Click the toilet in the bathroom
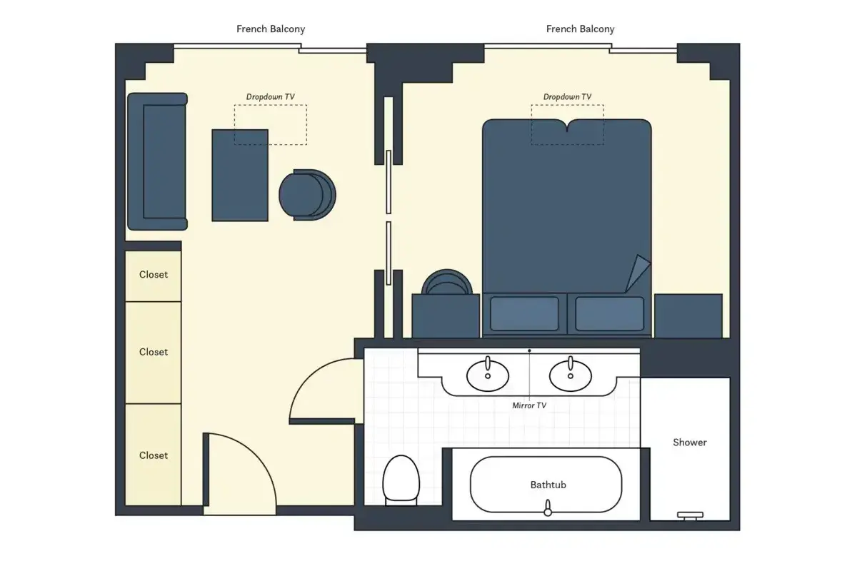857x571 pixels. (401, 480)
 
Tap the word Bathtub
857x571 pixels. (548, 485)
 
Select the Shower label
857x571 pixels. (690, 443)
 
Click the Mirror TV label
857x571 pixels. (529, 405)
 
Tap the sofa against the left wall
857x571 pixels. (157, 161)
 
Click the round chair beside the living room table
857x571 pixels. (307, 195)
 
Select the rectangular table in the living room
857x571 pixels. (240, 175)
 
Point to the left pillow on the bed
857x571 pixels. (524, 313)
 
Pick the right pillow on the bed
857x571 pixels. (609, 313)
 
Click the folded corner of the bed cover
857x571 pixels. (637, 273)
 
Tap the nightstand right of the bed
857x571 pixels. (688, 316)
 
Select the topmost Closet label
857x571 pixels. (154, 275)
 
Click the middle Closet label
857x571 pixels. (154, 352)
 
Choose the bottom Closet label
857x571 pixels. (154, 455)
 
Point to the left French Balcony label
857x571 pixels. (271, 29)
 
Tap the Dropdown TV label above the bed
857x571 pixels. (567, 97)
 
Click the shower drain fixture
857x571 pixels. (690, 516)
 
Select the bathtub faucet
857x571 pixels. (548, 508)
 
